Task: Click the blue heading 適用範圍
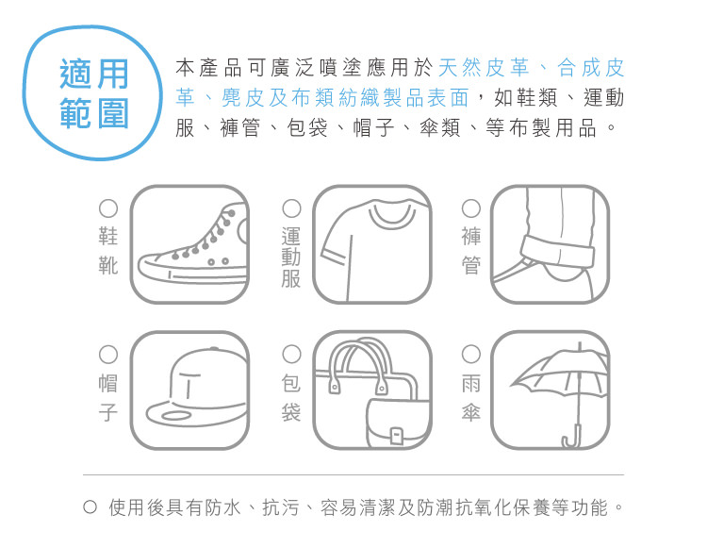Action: [x=94, y=93]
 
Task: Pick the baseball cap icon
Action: [x=196, y=388]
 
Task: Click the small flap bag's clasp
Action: [x=397, y=436]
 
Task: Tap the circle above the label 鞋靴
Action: [x=108, y=208]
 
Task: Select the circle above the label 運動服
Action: [x=291, y=208]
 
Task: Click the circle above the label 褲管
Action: [x=470, y=208]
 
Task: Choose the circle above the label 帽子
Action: [x=108, y=355]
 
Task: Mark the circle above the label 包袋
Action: [x=291, y=355]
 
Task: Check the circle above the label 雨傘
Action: [x=470, y=355]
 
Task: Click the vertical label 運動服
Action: [x=291, y=257]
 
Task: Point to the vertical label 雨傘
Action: [x=470, y=397]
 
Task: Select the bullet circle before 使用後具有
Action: [x=90, y=507]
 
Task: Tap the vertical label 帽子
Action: [x=108, y=397]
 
